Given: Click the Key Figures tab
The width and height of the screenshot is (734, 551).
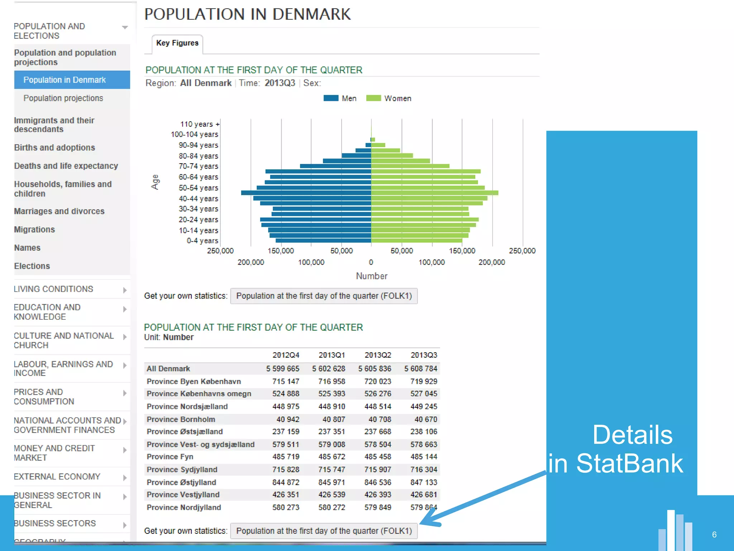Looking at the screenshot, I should (177, 43).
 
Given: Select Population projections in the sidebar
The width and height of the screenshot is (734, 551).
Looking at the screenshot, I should (63, 98).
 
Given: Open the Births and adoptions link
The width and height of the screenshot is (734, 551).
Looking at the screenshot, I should (54, 148).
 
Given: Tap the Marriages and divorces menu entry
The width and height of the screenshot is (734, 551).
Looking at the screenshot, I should (59, 211).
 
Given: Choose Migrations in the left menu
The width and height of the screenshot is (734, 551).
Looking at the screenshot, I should (34, 230).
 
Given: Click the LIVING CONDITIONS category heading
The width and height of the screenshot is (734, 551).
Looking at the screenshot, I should (53, 289).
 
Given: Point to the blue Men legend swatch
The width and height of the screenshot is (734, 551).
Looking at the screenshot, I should (330, 98).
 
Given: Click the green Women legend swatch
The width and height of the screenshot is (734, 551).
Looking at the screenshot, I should (373, 98).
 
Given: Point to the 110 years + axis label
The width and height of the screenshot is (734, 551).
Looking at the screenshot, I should (199, 124).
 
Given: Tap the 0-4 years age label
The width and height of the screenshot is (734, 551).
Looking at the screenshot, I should (202, 241).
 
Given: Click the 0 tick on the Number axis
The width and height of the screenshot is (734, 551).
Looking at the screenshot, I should (371, 262).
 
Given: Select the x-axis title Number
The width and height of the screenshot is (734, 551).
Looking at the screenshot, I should (372, 276).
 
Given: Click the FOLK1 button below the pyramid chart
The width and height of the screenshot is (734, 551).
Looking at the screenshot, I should (324, 296).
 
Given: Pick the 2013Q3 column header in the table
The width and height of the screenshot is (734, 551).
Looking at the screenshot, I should (424, 355).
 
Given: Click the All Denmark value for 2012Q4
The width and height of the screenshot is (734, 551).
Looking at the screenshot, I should (282, 369).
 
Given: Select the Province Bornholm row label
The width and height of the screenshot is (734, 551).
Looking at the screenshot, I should (181, 419).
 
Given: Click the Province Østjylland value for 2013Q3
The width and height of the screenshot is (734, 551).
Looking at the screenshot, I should (424, 482).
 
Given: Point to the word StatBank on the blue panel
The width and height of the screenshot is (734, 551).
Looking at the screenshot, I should (629, 463).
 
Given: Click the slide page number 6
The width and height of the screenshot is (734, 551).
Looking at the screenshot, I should (714, 534).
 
